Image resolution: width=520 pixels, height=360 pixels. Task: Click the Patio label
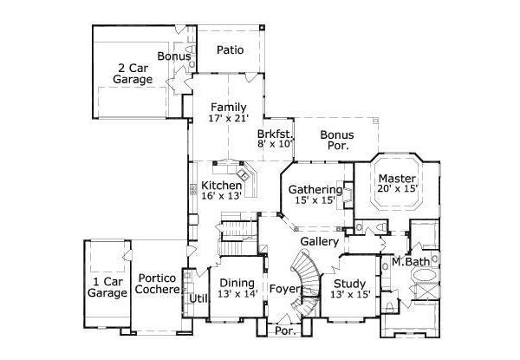(229, 49)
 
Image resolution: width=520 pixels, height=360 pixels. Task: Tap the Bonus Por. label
(335, 141)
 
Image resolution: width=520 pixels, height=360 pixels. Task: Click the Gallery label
(318, 240)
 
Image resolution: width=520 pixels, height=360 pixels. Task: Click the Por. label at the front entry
(283, 330)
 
